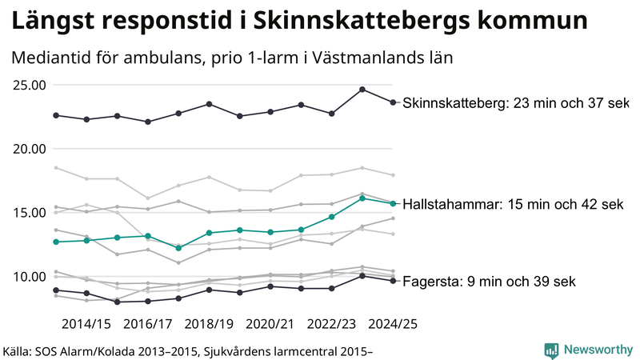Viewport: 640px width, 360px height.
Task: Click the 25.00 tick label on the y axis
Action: (x=29, y=85)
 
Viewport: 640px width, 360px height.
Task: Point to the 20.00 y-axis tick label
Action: (x=29, y=149)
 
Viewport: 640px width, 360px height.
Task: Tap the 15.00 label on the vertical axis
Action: (x=29, y=213)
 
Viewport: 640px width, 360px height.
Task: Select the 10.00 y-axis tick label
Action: (x=29, y=277)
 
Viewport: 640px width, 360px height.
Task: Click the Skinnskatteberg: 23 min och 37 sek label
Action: (x=516, y=103)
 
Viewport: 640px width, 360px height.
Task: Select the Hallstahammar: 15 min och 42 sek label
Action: (x=513, y=205)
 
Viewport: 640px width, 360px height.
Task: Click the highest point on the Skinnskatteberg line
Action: (x=362, y=90)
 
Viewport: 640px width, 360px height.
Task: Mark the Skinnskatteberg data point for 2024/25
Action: (x=392, y=102)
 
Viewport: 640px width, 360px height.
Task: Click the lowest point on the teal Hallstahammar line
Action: (x=178, y=248)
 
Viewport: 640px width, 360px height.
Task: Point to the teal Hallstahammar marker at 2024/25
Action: (x=392, y=203)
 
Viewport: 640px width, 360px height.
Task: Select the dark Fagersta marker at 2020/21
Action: (x=270, y=286)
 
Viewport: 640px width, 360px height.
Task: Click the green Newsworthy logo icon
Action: (x=551, y=350)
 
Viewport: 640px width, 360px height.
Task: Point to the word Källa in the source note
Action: (x=22, y=350)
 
